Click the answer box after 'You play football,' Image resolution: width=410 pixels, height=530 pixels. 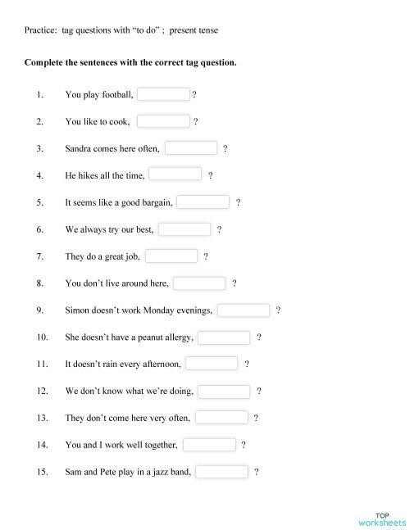(x=163, y=94)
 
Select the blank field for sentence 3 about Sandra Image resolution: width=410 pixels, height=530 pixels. (x=191, y=148)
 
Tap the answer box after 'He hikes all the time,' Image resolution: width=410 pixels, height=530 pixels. (x=175, y=174)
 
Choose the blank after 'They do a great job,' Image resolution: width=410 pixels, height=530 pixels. (x=171, y=256)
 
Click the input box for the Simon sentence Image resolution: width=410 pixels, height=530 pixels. (x=243, y=310)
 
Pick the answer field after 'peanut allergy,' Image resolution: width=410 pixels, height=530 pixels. (x=224, y=337)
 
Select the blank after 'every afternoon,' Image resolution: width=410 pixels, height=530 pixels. (x=212, y=364)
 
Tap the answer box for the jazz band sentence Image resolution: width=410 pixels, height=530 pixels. (x=221, y=472)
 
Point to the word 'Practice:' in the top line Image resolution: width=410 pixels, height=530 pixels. (x=40, y=30)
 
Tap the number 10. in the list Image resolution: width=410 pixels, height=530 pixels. (x=43, y=337)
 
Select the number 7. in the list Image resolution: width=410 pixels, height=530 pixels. (x=39, y=256)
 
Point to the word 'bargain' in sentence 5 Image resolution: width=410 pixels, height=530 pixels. (x=155, y=202)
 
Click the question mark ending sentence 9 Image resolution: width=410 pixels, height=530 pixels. (x=279, y=310)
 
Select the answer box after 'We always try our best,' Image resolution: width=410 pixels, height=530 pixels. (x=184, y=229)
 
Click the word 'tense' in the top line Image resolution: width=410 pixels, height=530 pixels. (x=207, y=30)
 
